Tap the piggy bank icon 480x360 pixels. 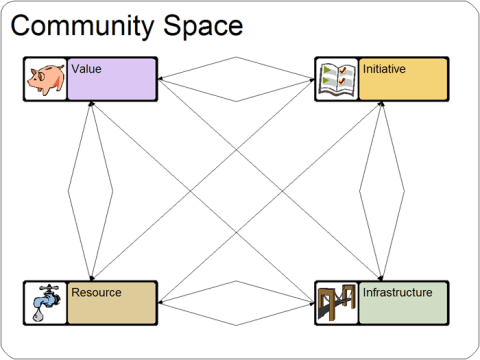[x=46, y=79]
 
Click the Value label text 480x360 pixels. [x=86, y=69]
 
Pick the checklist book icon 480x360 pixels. [x=336, y=79]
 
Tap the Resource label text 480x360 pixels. [x=96, y=293]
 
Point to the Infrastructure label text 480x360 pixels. [x=397, y=293]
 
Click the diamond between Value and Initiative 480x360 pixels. [x=236, y=79]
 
